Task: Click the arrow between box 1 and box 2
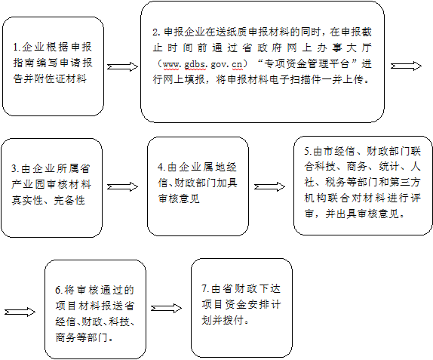[122, 66]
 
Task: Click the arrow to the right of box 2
[406, 66]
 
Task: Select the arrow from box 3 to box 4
[122, 187]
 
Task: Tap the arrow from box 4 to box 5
[269, 187]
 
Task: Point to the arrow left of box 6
[20, 312]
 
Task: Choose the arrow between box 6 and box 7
[167, 309]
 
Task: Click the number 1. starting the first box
[17, 48]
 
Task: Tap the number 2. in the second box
[157, 32]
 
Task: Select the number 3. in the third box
[15, 168]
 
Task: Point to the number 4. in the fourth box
[161, 168]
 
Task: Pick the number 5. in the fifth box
[309, 152]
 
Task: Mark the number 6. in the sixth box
[60, 290]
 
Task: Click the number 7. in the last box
[206, 289]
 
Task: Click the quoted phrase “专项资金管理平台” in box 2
[309, 64]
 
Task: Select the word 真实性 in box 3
[27, 200]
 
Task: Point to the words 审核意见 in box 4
[179, 198]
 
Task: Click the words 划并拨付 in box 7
[223, 320]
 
